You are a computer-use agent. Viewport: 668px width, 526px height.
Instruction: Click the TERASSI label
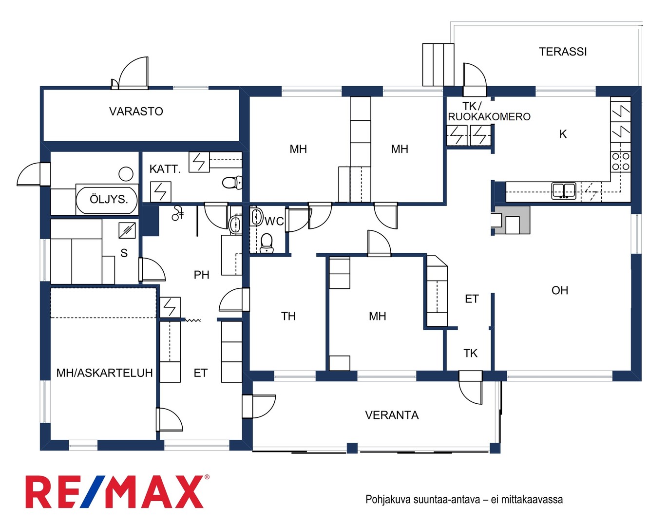pyautogui.click(x=563, y=52)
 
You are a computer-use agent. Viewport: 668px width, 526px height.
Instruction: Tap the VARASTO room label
pyautogui.click(x=136, y=112)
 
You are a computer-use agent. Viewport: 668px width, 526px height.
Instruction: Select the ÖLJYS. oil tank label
pyautogui.click(x=109, y=199)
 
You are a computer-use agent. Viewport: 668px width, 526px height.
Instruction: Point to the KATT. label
pyautogui.click(x=165, y=169)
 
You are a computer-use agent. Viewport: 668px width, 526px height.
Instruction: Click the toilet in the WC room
pyautogui.click(x=267, y=243)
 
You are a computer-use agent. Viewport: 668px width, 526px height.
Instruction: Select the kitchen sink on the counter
pyautogui.click(x=564, y=190)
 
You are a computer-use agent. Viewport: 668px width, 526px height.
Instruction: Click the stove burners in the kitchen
pyautogui.click(x=621, y=161)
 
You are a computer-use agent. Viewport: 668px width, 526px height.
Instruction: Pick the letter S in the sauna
pyautogui.click(x=124, y=253)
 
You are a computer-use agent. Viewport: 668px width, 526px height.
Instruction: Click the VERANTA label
pyautogui.click(x=392, y=415)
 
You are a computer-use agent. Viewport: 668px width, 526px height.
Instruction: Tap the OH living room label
pyautogui.click(x=560, y=290)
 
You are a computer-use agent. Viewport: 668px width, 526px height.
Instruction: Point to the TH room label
pyautogui.click(x=288, y=316)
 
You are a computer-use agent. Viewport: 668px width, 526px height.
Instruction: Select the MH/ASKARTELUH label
pyautogui.click(x=104, y=373)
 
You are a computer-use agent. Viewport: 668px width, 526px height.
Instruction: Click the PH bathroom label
pyautogui.click(x=201, y=275)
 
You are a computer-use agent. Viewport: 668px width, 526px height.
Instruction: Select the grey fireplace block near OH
pyautogui.click(x=513, y=220)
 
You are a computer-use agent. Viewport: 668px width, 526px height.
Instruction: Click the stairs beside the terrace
pyautogui.click(x=438, y=65)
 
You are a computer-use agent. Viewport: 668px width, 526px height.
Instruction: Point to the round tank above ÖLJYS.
pyautogui.click(x=126, y=174)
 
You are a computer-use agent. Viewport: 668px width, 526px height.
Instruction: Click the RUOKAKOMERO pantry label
pyautogui.click(x=489, y=117)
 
